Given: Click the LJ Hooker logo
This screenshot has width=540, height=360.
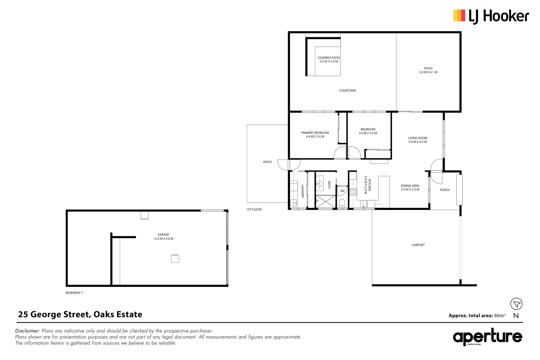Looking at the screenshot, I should coord(491,16).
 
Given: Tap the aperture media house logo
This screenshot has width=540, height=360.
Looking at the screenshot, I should coord(487,337).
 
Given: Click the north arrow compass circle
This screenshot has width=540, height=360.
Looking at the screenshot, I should coord(516,304).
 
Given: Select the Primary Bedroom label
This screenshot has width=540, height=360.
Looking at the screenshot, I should coord(315,133).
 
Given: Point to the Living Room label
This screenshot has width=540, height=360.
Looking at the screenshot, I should coord(417,138).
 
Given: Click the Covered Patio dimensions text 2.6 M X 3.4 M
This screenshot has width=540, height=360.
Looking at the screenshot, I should coord(329,62).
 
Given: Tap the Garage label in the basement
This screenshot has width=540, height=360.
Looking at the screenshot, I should coord(163,235).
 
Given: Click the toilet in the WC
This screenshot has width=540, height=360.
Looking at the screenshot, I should coord(342,203).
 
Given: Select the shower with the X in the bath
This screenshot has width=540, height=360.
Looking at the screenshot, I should coord(326,202).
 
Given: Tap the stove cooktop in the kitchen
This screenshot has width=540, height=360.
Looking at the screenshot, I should coord(353,192).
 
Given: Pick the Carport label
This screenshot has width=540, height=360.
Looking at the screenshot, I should coord(418,245).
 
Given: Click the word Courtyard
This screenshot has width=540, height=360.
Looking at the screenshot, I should coord(347,91).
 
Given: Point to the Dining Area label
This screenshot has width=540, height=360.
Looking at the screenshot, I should coord(410,186).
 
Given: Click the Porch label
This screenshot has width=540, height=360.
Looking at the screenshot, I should coord(445,190).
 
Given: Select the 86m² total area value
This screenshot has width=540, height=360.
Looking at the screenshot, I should coord(500,315).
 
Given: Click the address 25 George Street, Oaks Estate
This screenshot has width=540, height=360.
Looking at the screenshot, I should coord(80,314).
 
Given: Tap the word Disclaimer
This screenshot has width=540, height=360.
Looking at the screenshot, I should coord(27,331).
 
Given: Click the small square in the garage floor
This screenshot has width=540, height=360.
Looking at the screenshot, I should coord(175,259).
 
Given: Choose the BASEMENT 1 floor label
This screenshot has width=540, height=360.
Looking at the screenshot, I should coord(74,293).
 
